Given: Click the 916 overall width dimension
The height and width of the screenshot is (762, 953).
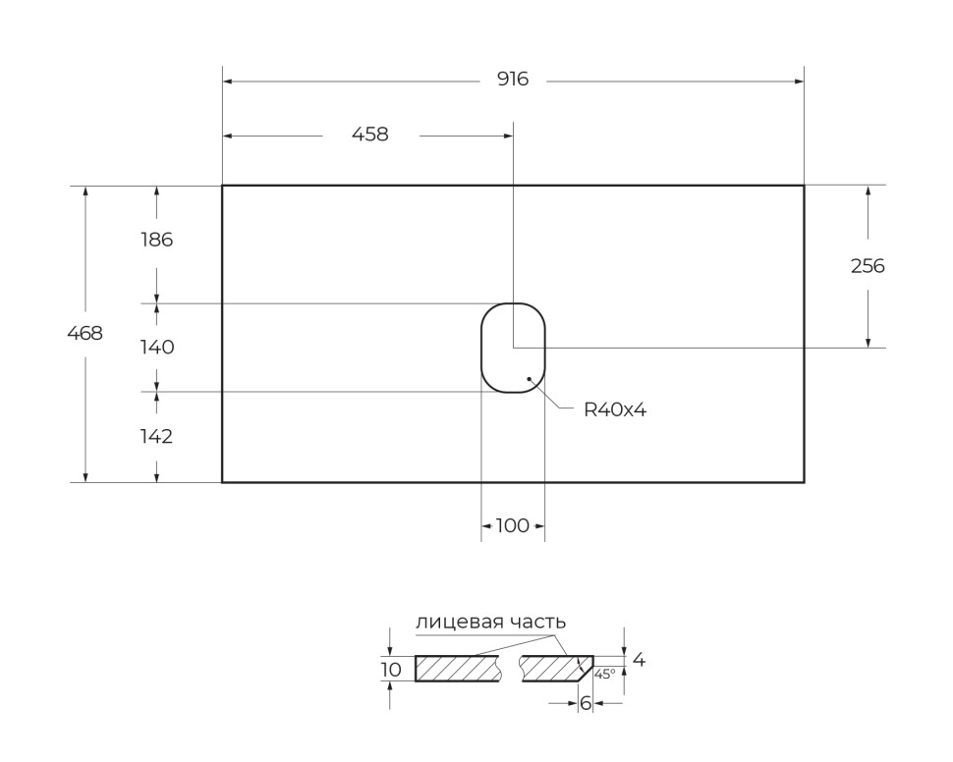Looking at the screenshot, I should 512,80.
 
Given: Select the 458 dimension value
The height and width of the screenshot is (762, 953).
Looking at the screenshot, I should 370,135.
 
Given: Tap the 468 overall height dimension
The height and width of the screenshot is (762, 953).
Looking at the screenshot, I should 84,333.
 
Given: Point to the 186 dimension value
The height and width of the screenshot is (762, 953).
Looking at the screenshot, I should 156,239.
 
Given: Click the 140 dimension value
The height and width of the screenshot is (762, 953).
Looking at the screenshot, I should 156,347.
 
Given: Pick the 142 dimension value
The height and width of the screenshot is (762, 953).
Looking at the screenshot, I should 156,437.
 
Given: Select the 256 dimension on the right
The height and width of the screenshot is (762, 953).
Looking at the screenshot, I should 868,265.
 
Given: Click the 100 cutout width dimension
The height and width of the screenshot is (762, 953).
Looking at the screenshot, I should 512,526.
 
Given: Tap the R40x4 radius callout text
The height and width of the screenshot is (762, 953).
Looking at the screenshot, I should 615,410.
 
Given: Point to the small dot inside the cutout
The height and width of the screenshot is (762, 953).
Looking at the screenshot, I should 530,377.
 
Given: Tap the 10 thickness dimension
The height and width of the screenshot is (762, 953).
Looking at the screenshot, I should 391,670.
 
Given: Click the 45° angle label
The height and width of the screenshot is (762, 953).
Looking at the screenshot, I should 604,674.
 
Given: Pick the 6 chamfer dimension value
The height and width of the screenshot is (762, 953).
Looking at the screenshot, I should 586,703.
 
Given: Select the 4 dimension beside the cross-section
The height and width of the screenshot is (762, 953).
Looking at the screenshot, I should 639,661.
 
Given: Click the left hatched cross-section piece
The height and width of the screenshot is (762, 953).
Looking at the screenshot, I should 458,669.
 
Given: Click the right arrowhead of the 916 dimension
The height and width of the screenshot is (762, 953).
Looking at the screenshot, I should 799,82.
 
